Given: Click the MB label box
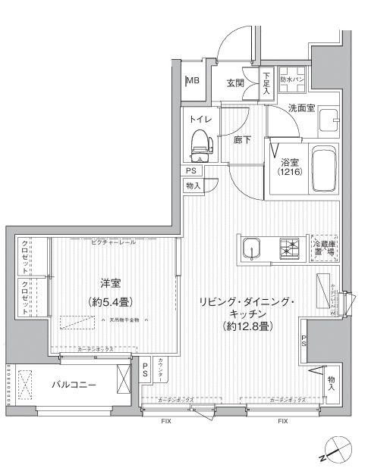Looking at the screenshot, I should [x=193, y=83].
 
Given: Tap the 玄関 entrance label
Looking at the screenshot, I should [x=234, y=83].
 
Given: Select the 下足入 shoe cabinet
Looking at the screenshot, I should [x=267, y=81].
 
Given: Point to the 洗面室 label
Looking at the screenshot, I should [x=301, y=108].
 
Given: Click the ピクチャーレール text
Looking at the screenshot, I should [x=113, y=242].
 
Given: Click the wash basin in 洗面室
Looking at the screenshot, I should [x=329, y=120].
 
